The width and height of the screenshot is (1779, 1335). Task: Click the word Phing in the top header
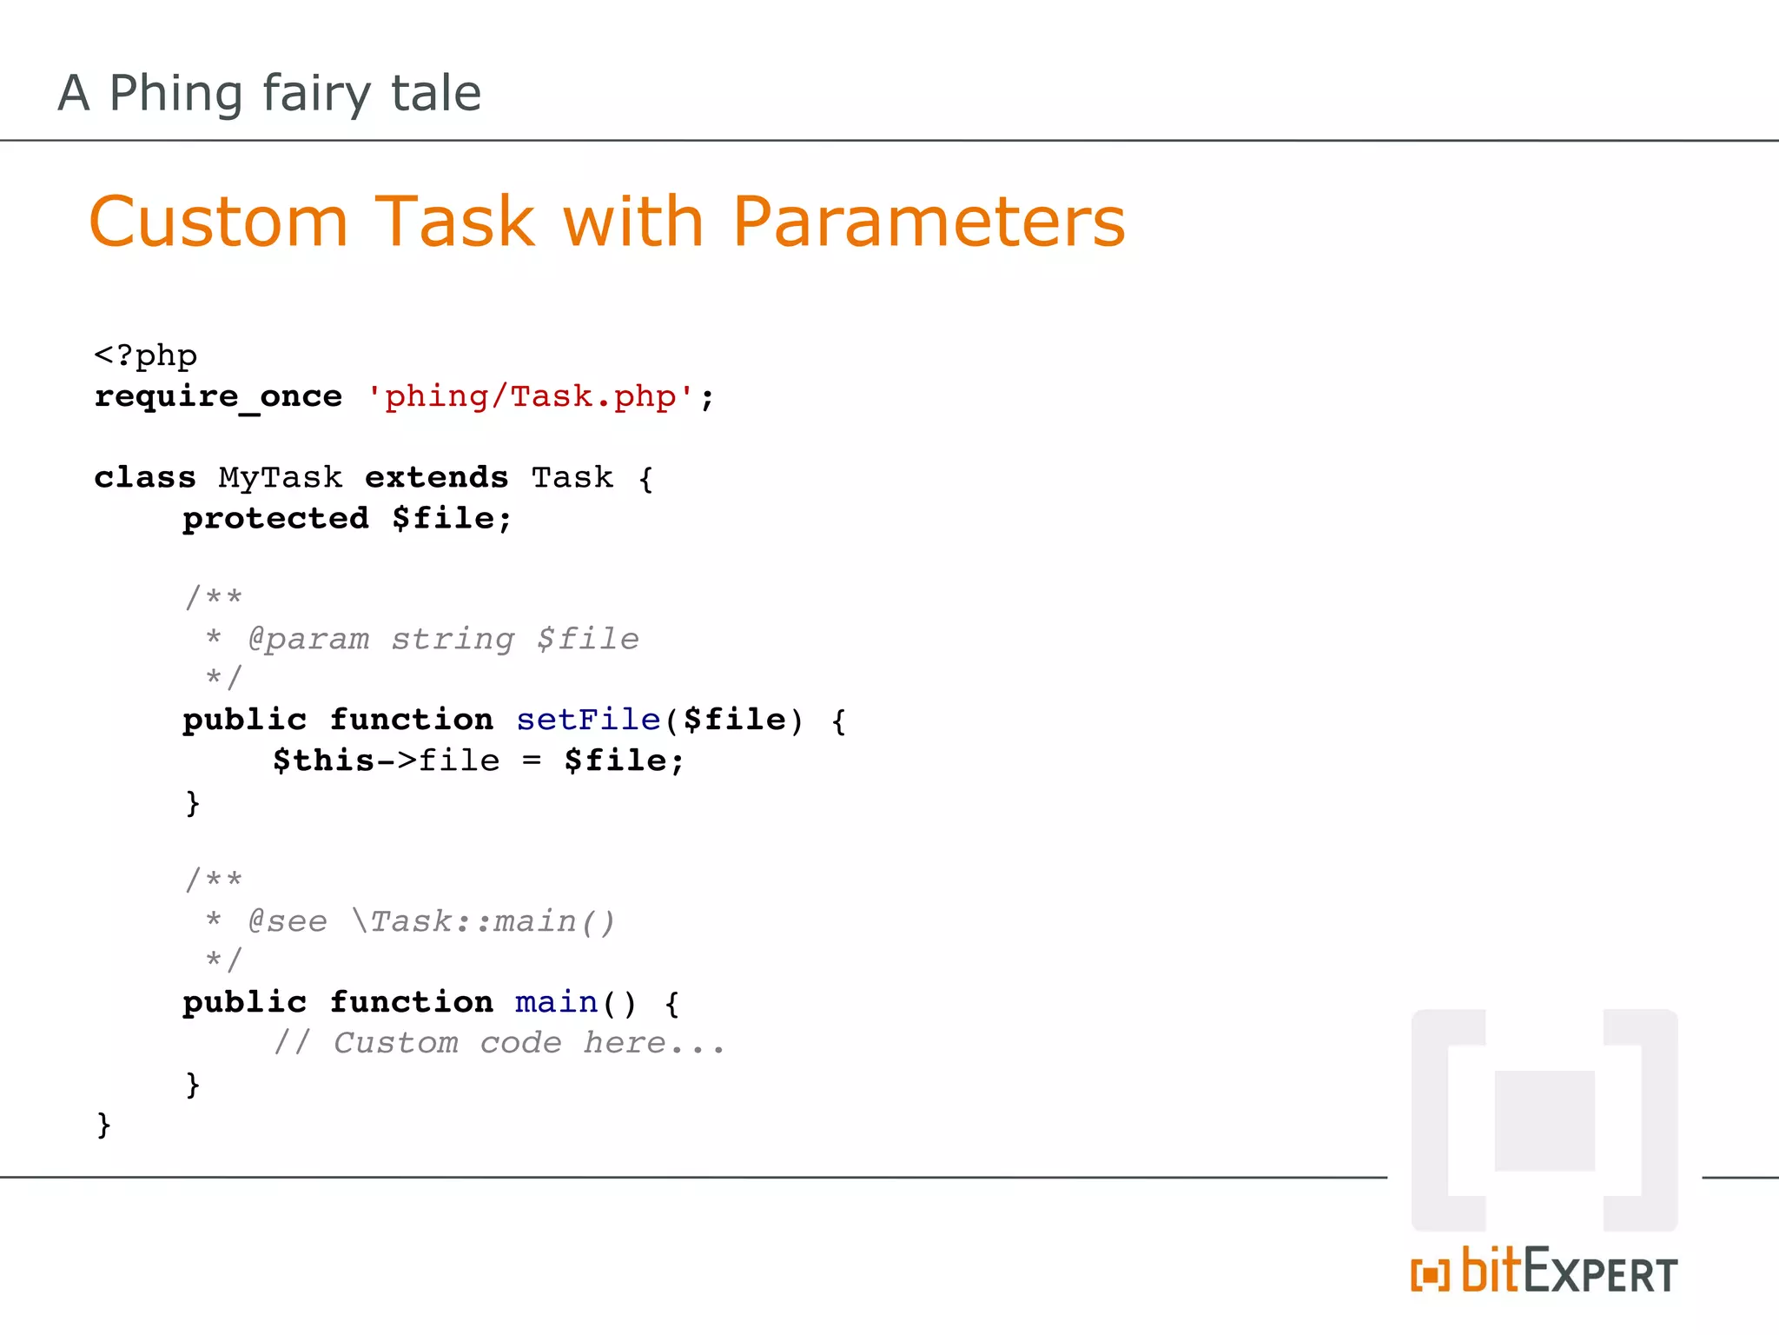tap(176, 94)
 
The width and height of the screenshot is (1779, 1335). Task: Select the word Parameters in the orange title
tap(929, 222)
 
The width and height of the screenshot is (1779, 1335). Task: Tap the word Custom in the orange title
tap(219, 222)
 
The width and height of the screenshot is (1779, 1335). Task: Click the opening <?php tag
tap(146, 356)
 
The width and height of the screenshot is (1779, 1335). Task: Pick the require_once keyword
tap(218, 397)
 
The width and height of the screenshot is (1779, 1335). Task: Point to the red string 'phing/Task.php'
tap(530, 397)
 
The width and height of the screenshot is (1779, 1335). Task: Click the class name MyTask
tap(281, 478)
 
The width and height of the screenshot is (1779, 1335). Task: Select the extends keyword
tap(436, 478)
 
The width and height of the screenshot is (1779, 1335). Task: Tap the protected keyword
tap(276, 519)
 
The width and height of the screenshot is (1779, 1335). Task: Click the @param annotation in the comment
tap(309, 640)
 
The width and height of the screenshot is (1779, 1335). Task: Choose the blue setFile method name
tap(588, 720)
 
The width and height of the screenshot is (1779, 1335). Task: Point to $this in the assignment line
tap(323, 760)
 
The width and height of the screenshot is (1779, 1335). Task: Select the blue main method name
tap(556, 1002)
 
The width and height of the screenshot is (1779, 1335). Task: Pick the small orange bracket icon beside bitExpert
tap(1430, 1275)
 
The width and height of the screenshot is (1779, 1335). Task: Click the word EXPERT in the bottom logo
tap(1600, 1273)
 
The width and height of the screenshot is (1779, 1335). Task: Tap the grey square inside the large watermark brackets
tap(1544, 1120)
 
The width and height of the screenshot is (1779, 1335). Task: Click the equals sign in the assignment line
tap(532, 761)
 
